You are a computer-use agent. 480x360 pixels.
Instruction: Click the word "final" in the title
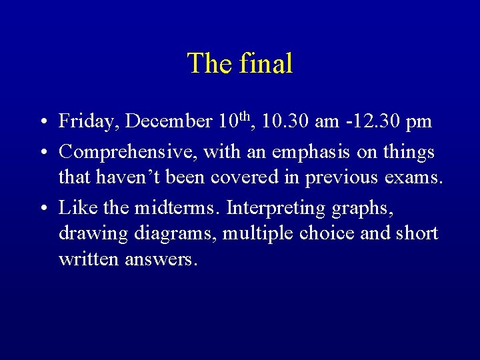click(x=266, y=63)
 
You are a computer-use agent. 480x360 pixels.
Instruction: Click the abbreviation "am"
click(x=327, y=122)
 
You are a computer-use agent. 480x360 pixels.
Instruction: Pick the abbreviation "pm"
click(x=419, y=122)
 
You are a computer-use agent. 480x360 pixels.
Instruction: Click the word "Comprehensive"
click(x=127, y=153)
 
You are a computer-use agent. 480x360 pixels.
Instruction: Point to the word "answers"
click(x=161, y=259)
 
